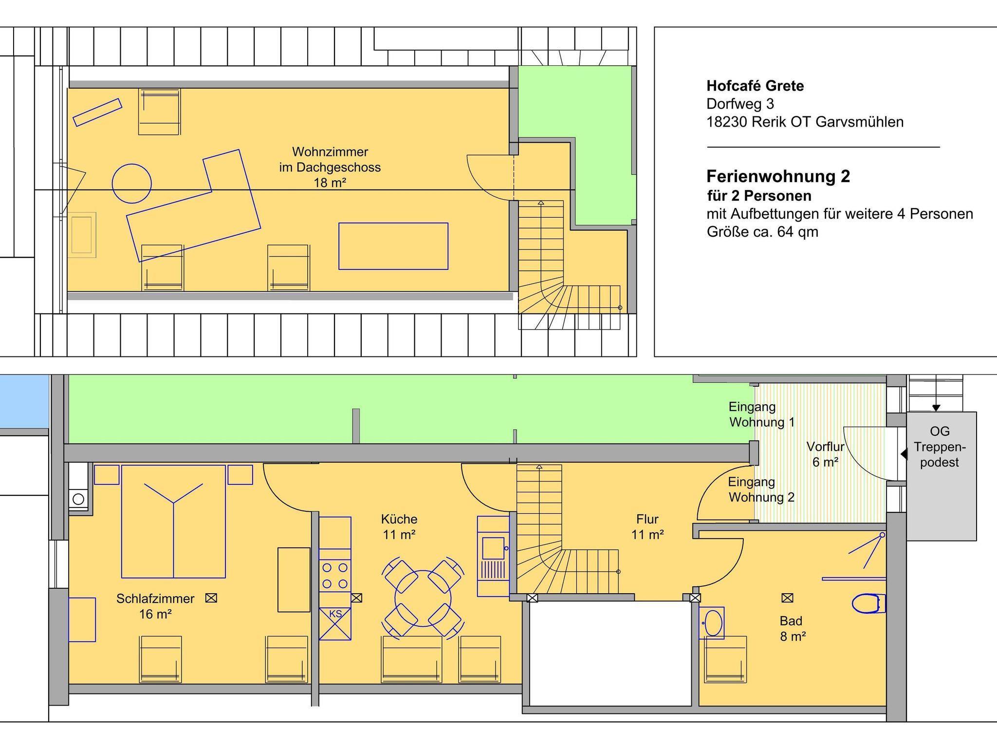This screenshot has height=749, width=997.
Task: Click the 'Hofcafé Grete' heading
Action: (x=755, y=86)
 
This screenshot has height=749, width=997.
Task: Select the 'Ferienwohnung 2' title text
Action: (x=778, y=176)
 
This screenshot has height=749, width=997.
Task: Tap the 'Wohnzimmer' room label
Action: (x=330, y=151)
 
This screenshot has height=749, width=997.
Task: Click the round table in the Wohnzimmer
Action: (x=131, y=184)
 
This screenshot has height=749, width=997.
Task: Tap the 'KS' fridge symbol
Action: (x=335, y=623)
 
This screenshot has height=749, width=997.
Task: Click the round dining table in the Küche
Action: (x=423, y=598)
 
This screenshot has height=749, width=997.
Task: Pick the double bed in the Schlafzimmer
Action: (x=173, y=521)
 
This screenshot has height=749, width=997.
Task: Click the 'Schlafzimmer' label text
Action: (x=155, y=599)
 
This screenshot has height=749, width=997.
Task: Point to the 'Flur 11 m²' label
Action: (x=647, y=526)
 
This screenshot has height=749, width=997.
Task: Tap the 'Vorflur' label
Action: (x=825, y=447)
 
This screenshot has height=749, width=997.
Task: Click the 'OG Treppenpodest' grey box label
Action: (x=940, y=447)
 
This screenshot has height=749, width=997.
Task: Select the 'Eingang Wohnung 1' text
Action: (x=761, y=414)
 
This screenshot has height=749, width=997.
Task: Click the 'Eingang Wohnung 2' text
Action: (x=761, y=489)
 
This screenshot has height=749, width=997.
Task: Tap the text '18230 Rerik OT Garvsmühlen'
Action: (x=805, y=122)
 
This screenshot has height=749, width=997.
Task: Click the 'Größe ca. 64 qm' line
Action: (x=762, y=232)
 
